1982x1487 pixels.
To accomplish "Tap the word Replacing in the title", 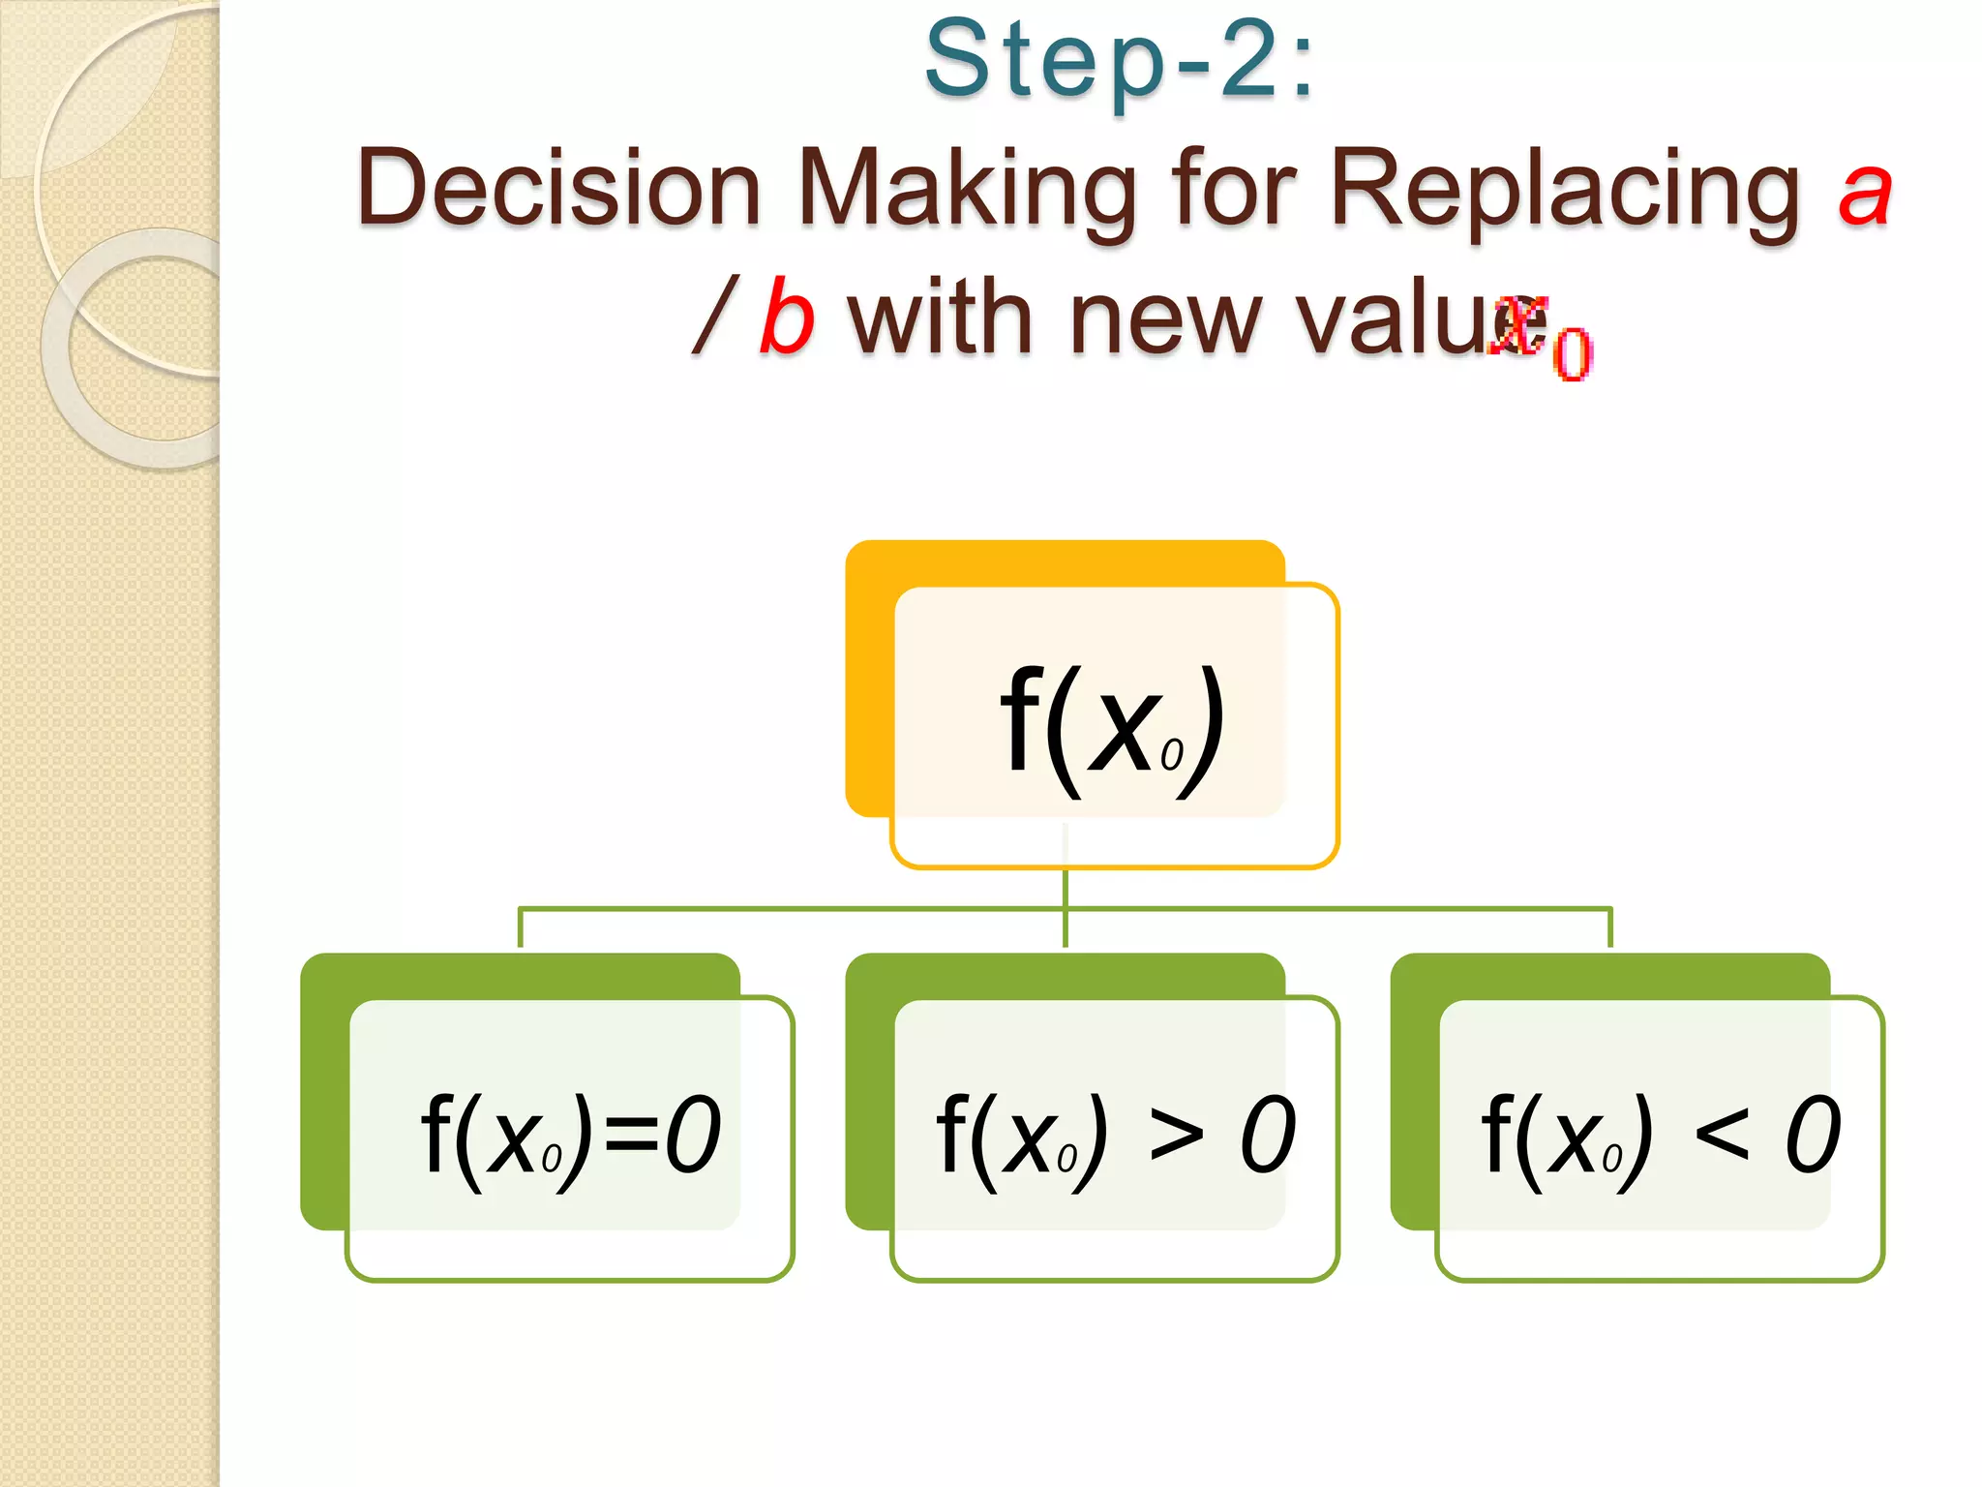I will tap(1564, 189).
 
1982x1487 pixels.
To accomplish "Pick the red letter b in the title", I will tap(786, 318).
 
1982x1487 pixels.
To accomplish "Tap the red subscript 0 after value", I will tap(1572, 353).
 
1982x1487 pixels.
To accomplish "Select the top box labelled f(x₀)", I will tap(1113, 726).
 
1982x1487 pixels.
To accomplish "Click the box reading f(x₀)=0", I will tap(570, 1138).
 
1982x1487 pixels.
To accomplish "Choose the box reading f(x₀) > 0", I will tap(1114, 1138).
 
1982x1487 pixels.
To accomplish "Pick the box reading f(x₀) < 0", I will tap(1659, 1138).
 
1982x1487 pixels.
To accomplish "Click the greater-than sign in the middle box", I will tap(1176, 1135).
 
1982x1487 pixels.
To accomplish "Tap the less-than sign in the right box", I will tap(1721, 1135).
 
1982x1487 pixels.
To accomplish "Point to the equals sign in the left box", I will tap(630, 1135).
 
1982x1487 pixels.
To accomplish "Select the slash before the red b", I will tap(716, 316).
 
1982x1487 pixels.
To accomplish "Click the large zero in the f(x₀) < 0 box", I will tap(1812, 1135).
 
